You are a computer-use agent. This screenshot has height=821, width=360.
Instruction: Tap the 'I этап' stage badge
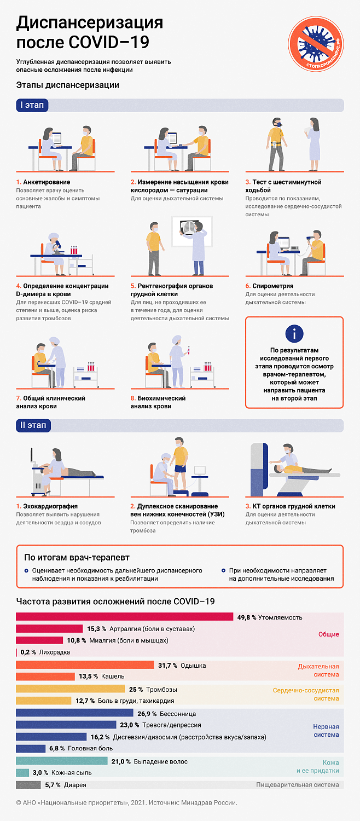[32, 105]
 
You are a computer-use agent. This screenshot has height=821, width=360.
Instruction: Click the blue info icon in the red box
[294, 333]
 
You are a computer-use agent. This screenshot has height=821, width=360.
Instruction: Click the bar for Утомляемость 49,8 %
[124, 617]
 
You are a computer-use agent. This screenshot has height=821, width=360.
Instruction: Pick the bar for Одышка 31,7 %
[85, 665]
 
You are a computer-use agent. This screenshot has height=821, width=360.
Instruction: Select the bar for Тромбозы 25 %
[71, 689]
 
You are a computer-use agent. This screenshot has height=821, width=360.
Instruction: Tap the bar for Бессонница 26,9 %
[74, 713]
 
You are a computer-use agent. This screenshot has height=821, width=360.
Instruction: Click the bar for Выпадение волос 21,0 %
[61, 761]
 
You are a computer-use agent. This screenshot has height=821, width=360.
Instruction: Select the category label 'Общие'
[328, 634]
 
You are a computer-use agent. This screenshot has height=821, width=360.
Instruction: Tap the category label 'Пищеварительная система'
[297, 785]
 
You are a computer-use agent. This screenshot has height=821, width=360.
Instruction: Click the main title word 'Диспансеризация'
[90, 23]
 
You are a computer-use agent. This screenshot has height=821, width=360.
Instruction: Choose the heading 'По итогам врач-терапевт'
[77, 558]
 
